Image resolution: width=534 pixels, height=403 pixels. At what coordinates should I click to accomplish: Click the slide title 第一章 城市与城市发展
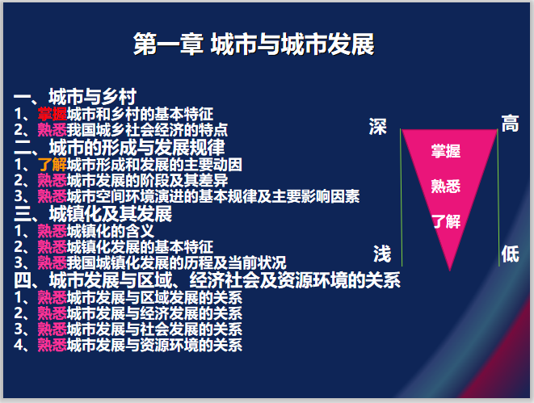[x=254, y=45]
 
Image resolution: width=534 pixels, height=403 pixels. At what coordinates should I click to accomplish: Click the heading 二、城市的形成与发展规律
[x=120, y=147]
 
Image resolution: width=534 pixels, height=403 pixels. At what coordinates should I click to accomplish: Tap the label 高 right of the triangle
[x=509, y=124]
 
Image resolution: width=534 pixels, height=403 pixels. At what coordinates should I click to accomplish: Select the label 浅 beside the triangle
[x=381, y=254]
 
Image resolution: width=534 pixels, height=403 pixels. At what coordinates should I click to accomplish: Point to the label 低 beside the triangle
[x=510, y=253]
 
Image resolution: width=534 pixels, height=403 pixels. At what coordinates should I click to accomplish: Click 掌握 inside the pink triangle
[x=446, y=151]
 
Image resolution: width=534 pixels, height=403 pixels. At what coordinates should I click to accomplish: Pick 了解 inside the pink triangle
[x=446, y=220]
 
